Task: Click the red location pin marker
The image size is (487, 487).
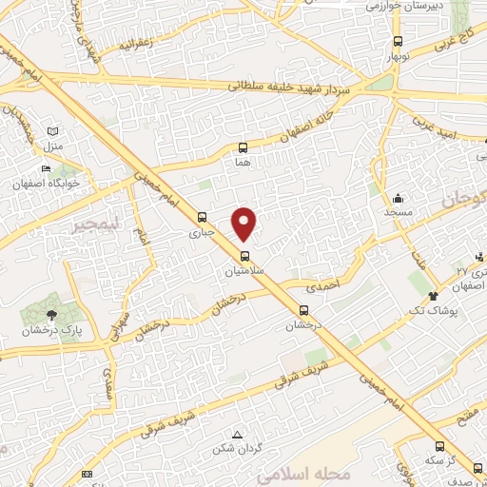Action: click(244, 223)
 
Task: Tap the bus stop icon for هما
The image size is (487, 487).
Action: click(243, 147)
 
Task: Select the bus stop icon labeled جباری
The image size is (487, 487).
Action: click(200, 217)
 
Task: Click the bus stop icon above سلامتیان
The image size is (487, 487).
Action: click(244, 255)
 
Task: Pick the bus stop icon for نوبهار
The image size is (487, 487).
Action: click(398, 42)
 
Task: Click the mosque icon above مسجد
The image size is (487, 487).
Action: click(398, 198)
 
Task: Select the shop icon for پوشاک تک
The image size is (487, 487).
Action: click(433, 295)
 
